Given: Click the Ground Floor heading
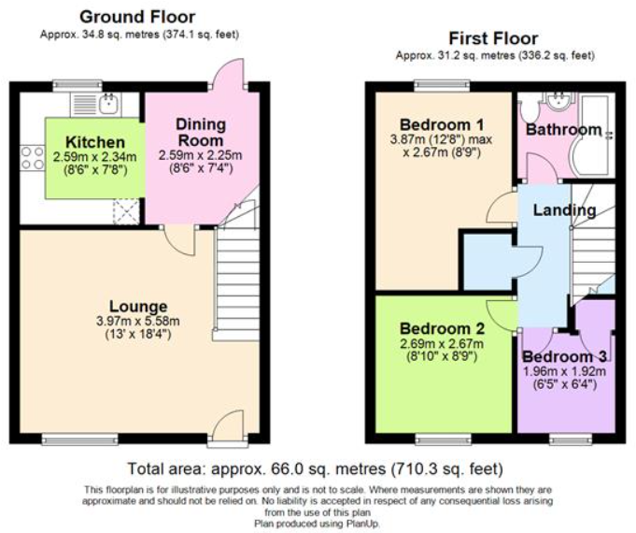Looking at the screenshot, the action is (137, 17).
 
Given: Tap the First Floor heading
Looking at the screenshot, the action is (494, 38).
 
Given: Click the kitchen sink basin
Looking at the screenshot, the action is (108, 105).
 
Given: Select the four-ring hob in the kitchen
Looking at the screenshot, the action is (32, 158).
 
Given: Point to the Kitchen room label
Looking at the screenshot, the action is (95, 142).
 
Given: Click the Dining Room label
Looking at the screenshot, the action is (201, 133).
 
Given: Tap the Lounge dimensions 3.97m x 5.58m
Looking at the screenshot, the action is (138, 321).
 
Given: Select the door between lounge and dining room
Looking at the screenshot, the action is (180, 240).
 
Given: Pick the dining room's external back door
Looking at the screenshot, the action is (227, 73).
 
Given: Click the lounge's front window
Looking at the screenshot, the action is (80, 439).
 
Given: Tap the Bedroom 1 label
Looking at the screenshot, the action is (442, 124).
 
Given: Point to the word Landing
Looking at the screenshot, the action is (564, 210).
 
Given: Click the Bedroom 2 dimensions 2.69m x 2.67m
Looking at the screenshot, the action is (442, 344).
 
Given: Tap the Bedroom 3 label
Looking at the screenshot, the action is (565, 356).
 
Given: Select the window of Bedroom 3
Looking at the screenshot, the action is (571, 439).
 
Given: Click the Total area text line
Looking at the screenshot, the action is (316, 468).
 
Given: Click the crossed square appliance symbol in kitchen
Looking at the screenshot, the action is (126, 211).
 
